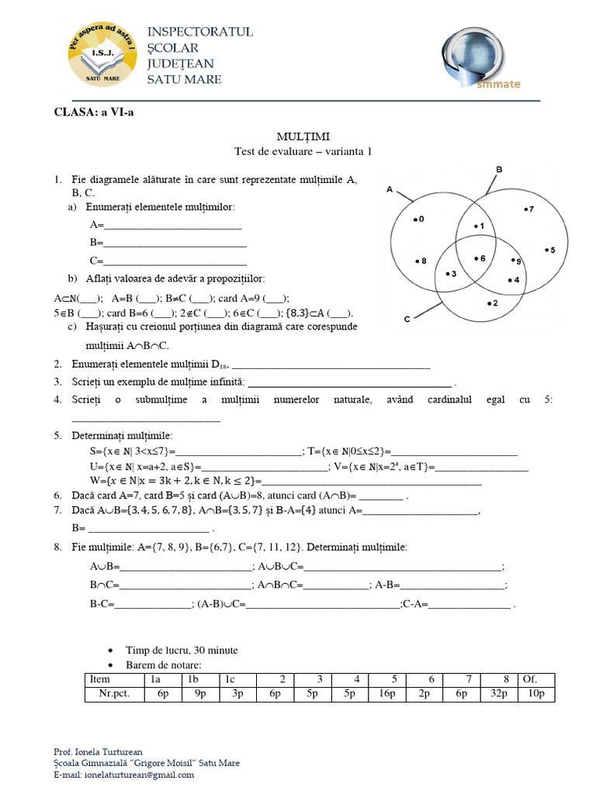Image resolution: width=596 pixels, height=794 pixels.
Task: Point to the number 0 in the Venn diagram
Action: point(421,219)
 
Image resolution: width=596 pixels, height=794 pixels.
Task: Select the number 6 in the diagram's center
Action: point(481,258)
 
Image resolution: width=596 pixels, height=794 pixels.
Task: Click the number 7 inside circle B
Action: point(531,209)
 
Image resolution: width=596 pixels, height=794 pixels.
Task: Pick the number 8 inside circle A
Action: point(423,261)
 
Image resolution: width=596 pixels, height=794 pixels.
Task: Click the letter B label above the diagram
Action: point(499,169)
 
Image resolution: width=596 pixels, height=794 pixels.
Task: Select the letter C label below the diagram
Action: point(407,319)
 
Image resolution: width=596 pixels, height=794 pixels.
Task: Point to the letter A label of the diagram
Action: point(389,188)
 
